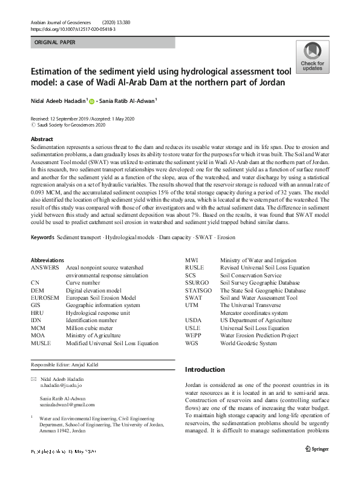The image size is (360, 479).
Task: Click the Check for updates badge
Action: click(312, 58)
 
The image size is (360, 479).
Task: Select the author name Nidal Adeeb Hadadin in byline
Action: click(59, 101)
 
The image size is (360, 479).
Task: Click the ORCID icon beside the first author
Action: click(92, 101)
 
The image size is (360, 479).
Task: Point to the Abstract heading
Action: click(42, 139)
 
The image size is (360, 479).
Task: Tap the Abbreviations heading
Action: click(47, 276)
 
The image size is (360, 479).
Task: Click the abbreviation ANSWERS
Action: click(45, 283)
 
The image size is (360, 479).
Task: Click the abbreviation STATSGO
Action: click(200, 290)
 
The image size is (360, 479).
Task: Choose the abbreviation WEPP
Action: click(194, 335)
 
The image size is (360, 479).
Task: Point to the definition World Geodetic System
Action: click(249, 343)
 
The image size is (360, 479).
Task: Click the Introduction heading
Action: click(205, 369)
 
